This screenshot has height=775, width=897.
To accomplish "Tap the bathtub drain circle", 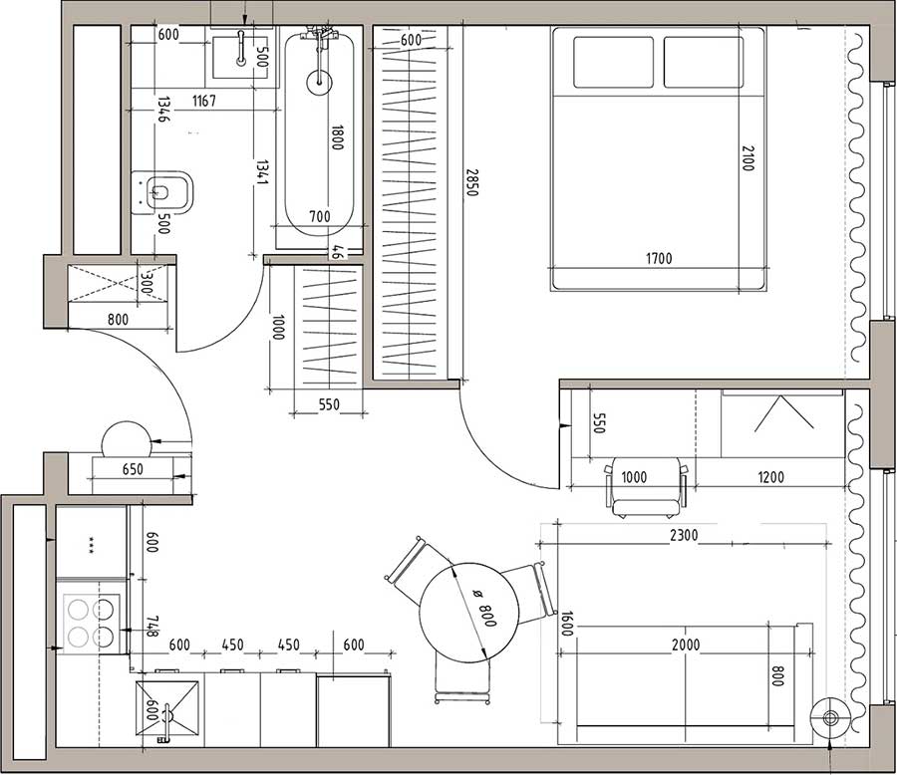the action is tap(319, 83).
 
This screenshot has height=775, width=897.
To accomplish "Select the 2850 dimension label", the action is tap(471, 182).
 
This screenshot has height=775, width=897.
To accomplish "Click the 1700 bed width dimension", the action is tap(659, 259).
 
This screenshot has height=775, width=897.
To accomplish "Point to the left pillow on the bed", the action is tap(613, 63).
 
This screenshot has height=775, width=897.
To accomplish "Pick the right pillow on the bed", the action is tap(704, 63).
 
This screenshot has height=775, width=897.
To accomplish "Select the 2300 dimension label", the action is tap(684, 535).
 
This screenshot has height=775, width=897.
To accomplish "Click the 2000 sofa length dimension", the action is tap(686, 645).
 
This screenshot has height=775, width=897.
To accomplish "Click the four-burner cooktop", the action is tap(92, 624).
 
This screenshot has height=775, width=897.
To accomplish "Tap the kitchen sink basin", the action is tap(167, 708).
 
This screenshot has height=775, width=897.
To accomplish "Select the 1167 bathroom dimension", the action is tap(203, 102).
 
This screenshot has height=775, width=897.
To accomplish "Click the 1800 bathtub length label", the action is tap(337, 137).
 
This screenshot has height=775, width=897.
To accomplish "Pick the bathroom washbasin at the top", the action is tap(240, 57).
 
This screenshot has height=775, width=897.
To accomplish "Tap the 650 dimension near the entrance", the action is tap(133, 469).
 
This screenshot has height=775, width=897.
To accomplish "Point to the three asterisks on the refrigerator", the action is tap(91, 543).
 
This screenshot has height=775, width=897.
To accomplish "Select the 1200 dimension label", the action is tap(770, 477).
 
